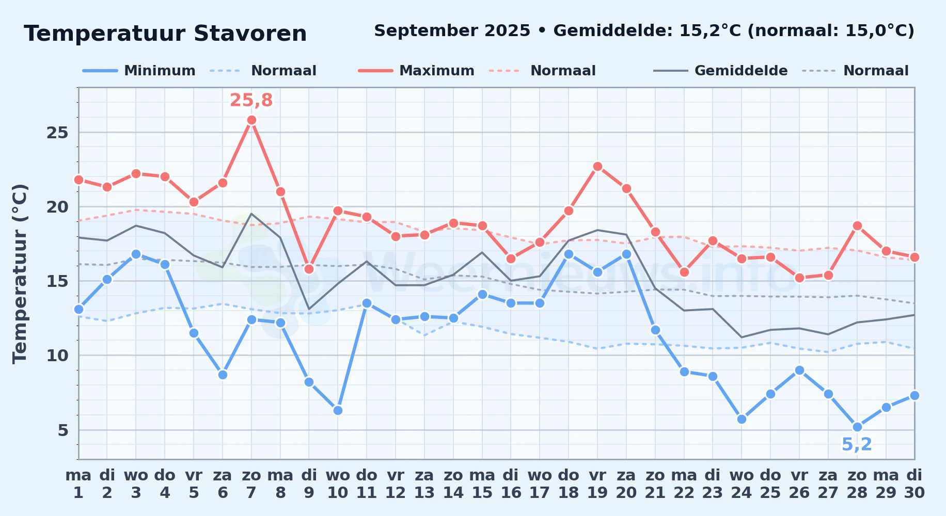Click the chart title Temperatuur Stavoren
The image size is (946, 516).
(165, 34)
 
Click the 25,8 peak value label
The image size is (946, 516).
(251, 100)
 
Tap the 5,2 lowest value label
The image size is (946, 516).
(857, 444)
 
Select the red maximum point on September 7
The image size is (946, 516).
(251, 120)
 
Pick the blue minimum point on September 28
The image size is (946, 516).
(857, 427)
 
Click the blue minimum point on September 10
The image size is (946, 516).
(338, 411)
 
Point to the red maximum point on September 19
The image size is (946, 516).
(597, 166)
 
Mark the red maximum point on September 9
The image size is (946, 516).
(309, 269)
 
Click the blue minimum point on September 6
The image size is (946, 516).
(223, 375)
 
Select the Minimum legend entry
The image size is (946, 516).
(139, 71)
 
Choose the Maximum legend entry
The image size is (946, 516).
(416, 71)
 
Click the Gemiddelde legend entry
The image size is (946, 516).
(720, 71)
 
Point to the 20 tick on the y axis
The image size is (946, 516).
(57, 207)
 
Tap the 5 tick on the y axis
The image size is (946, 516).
(63, 430)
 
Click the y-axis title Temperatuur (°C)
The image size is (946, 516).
(20, 273)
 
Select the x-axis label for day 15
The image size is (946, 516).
(482, 483)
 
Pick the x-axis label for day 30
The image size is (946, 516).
(914, 483)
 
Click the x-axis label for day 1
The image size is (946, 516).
(78, 483)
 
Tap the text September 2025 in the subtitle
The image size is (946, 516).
(452, 31)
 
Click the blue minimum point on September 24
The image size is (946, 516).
(742, 419)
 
